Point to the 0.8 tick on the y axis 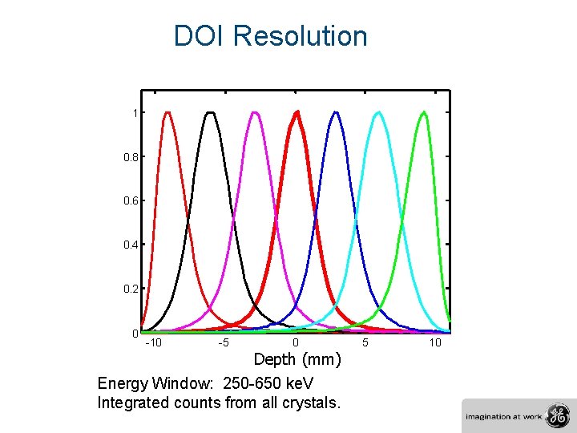tap(131, 157)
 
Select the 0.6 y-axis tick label tap(131, 200)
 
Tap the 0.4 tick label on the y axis tap(131, 245)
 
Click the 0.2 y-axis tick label tap(131, 289)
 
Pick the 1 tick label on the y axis tap(135, 113)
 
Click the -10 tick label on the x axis tap(153, 343)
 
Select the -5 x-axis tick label tap(225, 343)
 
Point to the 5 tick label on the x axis tap(365, 343)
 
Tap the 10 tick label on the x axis tap(435, 343)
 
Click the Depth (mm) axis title tap(297, 358)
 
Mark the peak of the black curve tap(211, 113)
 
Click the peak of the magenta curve tap(255, 113)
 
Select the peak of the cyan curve tap(377, 113)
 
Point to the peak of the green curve tap(422, 113)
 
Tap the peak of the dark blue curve tap(337, 113)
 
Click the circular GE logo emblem tap(555, 416)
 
